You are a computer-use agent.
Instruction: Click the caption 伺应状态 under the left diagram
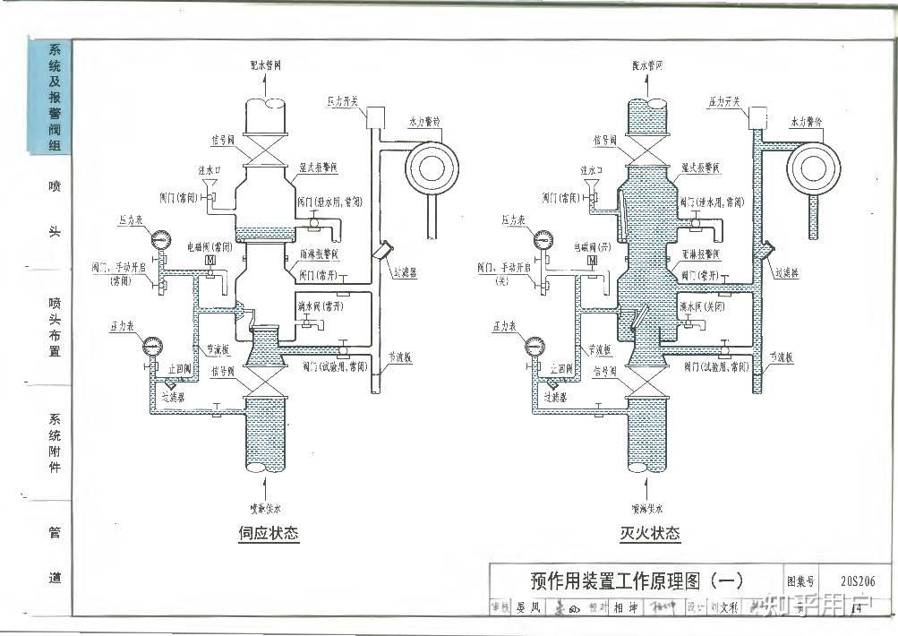[x=269, y=535]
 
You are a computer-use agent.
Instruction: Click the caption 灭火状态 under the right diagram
[x=650, y=535]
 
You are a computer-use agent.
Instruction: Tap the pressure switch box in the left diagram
[x=374, y=117]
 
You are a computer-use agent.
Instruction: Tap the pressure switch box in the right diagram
[x=759, y=117]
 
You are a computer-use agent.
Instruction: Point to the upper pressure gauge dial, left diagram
[x=162, y=239]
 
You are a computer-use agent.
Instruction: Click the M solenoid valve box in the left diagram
[x=209, y=261]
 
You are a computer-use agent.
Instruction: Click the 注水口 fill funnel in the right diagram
[x=592, y=187]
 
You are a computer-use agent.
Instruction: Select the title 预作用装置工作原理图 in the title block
[x=625, y=580]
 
